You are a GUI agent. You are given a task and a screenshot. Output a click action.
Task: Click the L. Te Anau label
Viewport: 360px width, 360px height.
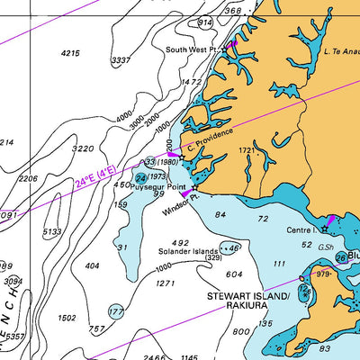[342, 52]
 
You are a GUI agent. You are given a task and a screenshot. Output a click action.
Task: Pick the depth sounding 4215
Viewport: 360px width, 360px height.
[70, 54]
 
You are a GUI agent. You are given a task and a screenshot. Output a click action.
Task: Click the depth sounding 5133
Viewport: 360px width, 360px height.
[51, 231]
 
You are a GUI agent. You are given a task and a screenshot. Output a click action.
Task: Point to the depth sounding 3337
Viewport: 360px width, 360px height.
[120, 60]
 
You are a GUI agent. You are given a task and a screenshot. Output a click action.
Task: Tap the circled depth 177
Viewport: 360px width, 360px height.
[116, 311]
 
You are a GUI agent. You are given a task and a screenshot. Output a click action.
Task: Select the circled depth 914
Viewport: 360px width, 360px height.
[205, 22]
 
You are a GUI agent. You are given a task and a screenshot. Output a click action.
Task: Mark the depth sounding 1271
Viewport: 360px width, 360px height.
[165, 283]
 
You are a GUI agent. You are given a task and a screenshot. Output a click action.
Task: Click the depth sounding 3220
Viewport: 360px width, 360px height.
[83, 148]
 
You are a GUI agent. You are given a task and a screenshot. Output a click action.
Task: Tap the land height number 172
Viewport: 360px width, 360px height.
[245, 150]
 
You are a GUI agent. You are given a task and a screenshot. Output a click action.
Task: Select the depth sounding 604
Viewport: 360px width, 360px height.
[234, 274]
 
